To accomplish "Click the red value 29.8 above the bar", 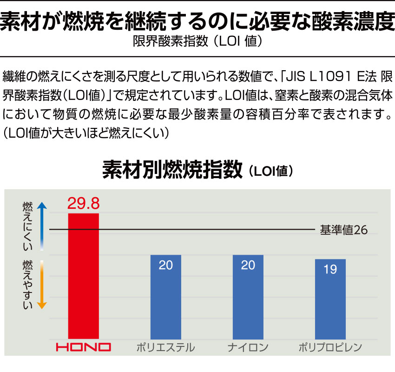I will coord(84,203).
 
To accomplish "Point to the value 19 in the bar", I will coord(330,269).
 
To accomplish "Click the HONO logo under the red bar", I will coord(84,347).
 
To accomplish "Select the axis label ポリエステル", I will coord(165,347).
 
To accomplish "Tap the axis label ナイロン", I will coord(248,347).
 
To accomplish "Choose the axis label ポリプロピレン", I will coord(330,347).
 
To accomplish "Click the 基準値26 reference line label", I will coord(343,230).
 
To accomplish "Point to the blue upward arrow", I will coord(41,223).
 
